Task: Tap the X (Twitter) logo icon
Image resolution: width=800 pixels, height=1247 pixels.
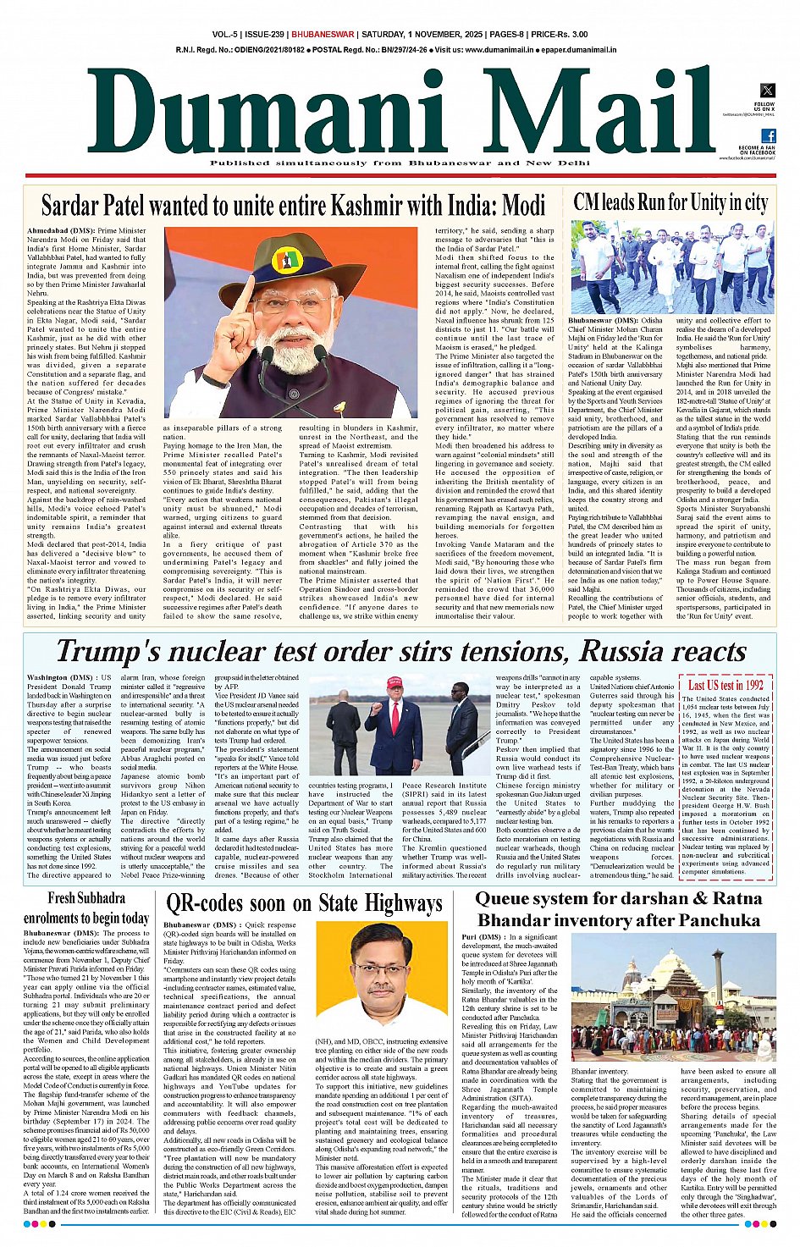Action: click(x=767, y=91)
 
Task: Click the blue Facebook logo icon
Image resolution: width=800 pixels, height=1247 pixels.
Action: click(x=768, y=135)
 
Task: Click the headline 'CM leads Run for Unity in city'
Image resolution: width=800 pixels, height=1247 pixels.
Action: click(x=670, y=202)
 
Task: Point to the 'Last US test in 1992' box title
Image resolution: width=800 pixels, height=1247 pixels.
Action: click(x=726, y=685)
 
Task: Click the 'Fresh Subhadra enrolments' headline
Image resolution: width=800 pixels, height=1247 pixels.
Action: click(x=86, y=907)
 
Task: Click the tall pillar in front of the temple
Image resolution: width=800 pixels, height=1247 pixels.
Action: click(x=718, y=982)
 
